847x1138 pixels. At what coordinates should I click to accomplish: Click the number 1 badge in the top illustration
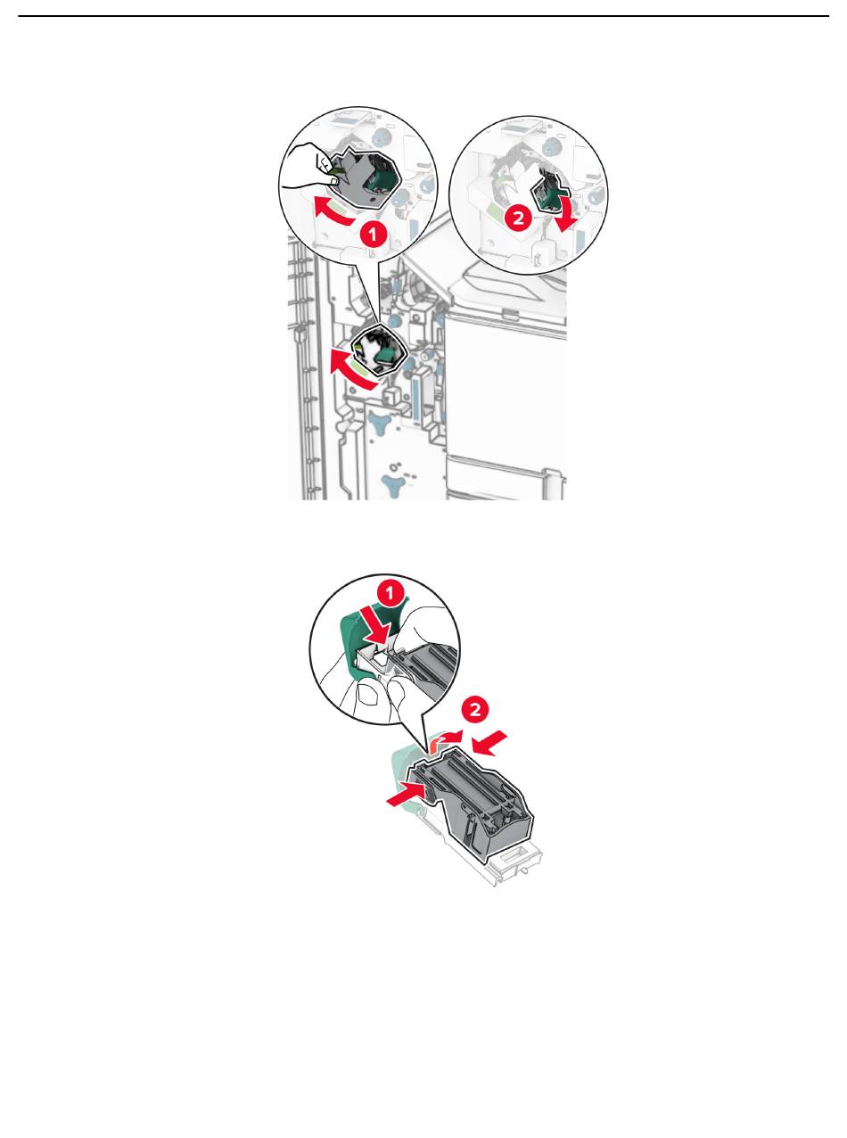pos(373,235)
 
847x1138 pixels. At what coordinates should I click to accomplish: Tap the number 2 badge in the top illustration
pos(518,218)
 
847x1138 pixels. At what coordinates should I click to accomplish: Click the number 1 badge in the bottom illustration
pos(391,594)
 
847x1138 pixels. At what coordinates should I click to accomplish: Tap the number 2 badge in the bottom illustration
pos(475,710)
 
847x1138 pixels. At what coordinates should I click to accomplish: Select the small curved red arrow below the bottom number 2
pos(444,740)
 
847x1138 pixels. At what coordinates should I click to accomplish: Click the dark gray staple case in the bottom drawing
pos(471,804)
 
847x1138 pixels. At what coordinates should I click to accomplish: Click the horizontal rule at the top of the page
pos(423,16)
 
